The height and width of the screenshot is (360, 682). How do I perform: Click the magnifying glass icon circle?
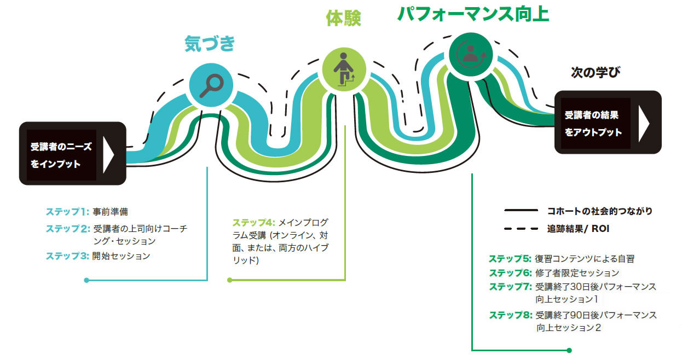tap(211, 85)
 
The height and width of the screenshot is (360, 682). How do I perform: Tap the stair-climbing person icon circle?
tap(344, 69)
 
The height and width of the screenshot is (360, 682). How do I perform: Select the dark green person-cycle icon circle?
tap(471, 55)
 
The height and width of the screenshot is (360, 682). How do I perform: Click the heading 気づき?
tap(210, 44)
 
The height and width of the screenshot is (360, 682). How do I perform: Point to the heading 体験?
tap(343, 18)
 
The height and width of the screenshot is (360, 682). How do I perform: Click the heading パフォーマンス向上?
tap(473, 14)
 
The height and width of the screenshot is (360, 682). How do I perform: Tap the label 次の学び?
tap(596, 72)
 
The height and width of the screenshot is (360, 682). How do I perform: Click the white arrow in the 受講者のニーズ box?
tap(108, 155)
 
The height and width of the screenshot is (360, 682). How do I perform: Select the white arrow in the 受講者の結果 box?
tap(644, 124)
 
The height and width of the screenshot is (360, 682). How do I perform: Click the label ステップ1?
tap(67, 212)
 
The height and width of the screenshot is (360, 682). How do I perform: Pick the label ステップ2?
tap(68, 229)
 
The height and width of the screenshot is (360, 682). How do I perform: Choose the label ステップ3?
tap(67, 256)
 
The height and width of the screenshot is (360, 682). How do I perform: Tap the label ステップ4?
tap(254, 223)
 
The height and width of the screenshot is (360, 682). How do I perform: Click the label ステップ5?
tap(510, 259)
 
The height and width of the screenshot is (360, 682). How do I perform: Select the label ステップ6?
tap(511, 273)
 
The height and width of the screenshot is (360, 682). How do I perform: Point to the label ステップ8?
tap(511, 315)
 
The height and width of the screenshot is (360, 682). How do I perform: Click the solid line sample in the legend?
tap(521, 210)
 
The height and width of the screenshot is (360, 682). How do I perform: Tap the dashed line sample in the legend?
tap(521, 229)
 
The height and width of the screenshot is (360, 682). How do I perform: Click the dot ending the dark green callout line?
tap(569, 350)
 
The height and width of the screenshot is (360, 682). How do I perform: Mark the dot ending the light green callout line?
tap(230, 280)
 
